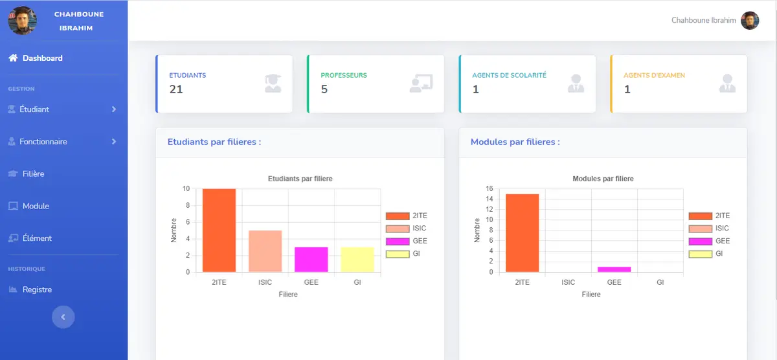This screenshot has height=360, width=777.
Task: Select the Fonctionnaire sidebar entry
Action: [43, 142]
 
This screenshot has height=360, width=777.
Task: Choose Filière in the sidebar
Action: [33, 174]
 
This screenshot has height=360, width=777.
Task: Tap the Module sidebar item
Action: [36, 206]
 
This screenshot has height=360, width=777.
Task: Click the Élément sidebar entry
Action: [37, 238]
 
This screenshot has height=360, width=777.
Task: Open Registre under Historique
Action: [37, 289]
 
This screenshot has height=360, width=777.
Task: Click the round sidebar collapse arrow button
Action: [63, 317]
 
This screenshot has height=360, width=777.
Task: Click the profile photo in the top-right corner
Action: [749, 21]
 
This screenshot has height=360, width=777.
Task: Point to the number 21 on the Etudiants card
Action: [176, 89]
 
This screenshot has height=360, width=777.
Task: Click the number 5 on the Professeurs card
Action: [324, 89]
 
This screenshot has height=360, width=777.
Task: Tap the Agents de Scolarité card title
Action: [509, 75]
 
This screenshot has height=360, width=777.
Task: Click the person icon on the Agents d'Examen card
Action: [727, 84]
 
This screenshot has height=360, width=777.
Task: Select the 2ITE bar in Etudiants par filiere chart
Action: [219, 231]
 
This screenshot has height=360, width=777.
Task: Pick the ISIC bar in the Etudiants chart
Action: [265, 251]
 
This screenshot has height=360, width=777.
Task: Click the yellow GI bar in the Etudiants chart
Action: [357, 260]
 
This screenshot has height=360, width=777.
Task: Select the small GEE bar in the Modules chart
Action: [614, 269]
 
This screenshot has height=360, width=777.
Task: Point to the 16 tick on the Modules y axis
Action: [490, 189]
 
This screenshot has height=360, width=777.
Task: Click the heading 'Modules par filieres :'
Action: [515, 142]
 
